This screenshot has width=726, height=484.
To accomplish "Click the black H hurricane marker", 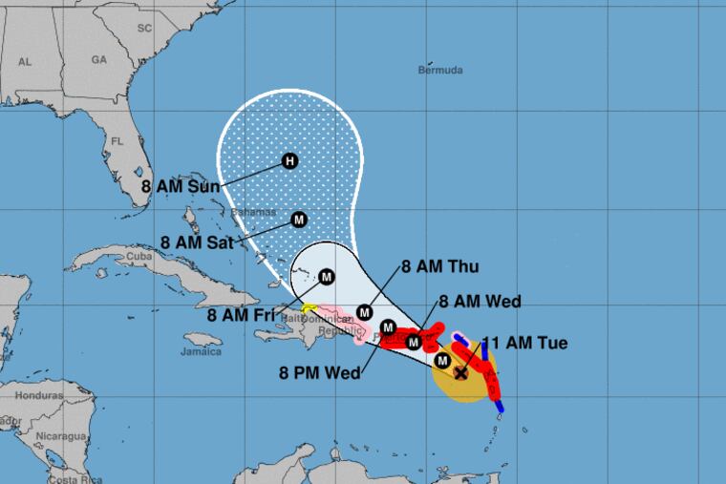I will (x=289, y=161).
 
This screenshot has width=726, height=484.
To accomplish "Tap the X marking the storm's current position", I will (x=460, y=373).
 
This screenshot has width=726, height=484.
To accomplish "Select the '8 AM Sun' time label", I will (x=181, y=187).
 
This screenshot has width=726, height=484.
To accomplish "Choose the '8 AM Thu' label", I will (x=440, y=266).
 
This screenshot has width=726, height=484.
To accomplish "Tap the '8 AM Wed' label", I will (x=480, y=302).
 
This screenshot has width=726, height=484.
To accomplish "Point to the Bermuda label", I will (x=440, y=70).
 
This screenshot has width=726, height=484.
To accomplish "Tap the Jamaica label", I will (x=202, y=350).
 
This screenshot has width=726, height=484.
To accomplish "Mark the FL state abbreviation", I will (x=117, y=140).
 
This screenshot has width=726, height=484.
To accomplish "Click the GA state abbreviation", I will (x=97, y=58).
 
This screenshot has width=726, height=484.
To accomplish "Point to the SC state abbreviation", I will (x=145, y=28).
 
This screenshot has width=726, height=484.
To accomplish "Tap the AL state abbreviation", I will (x=26, y=61).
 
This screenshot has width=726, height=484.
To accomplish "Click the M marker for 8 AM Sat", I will (x=298, y=219).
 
